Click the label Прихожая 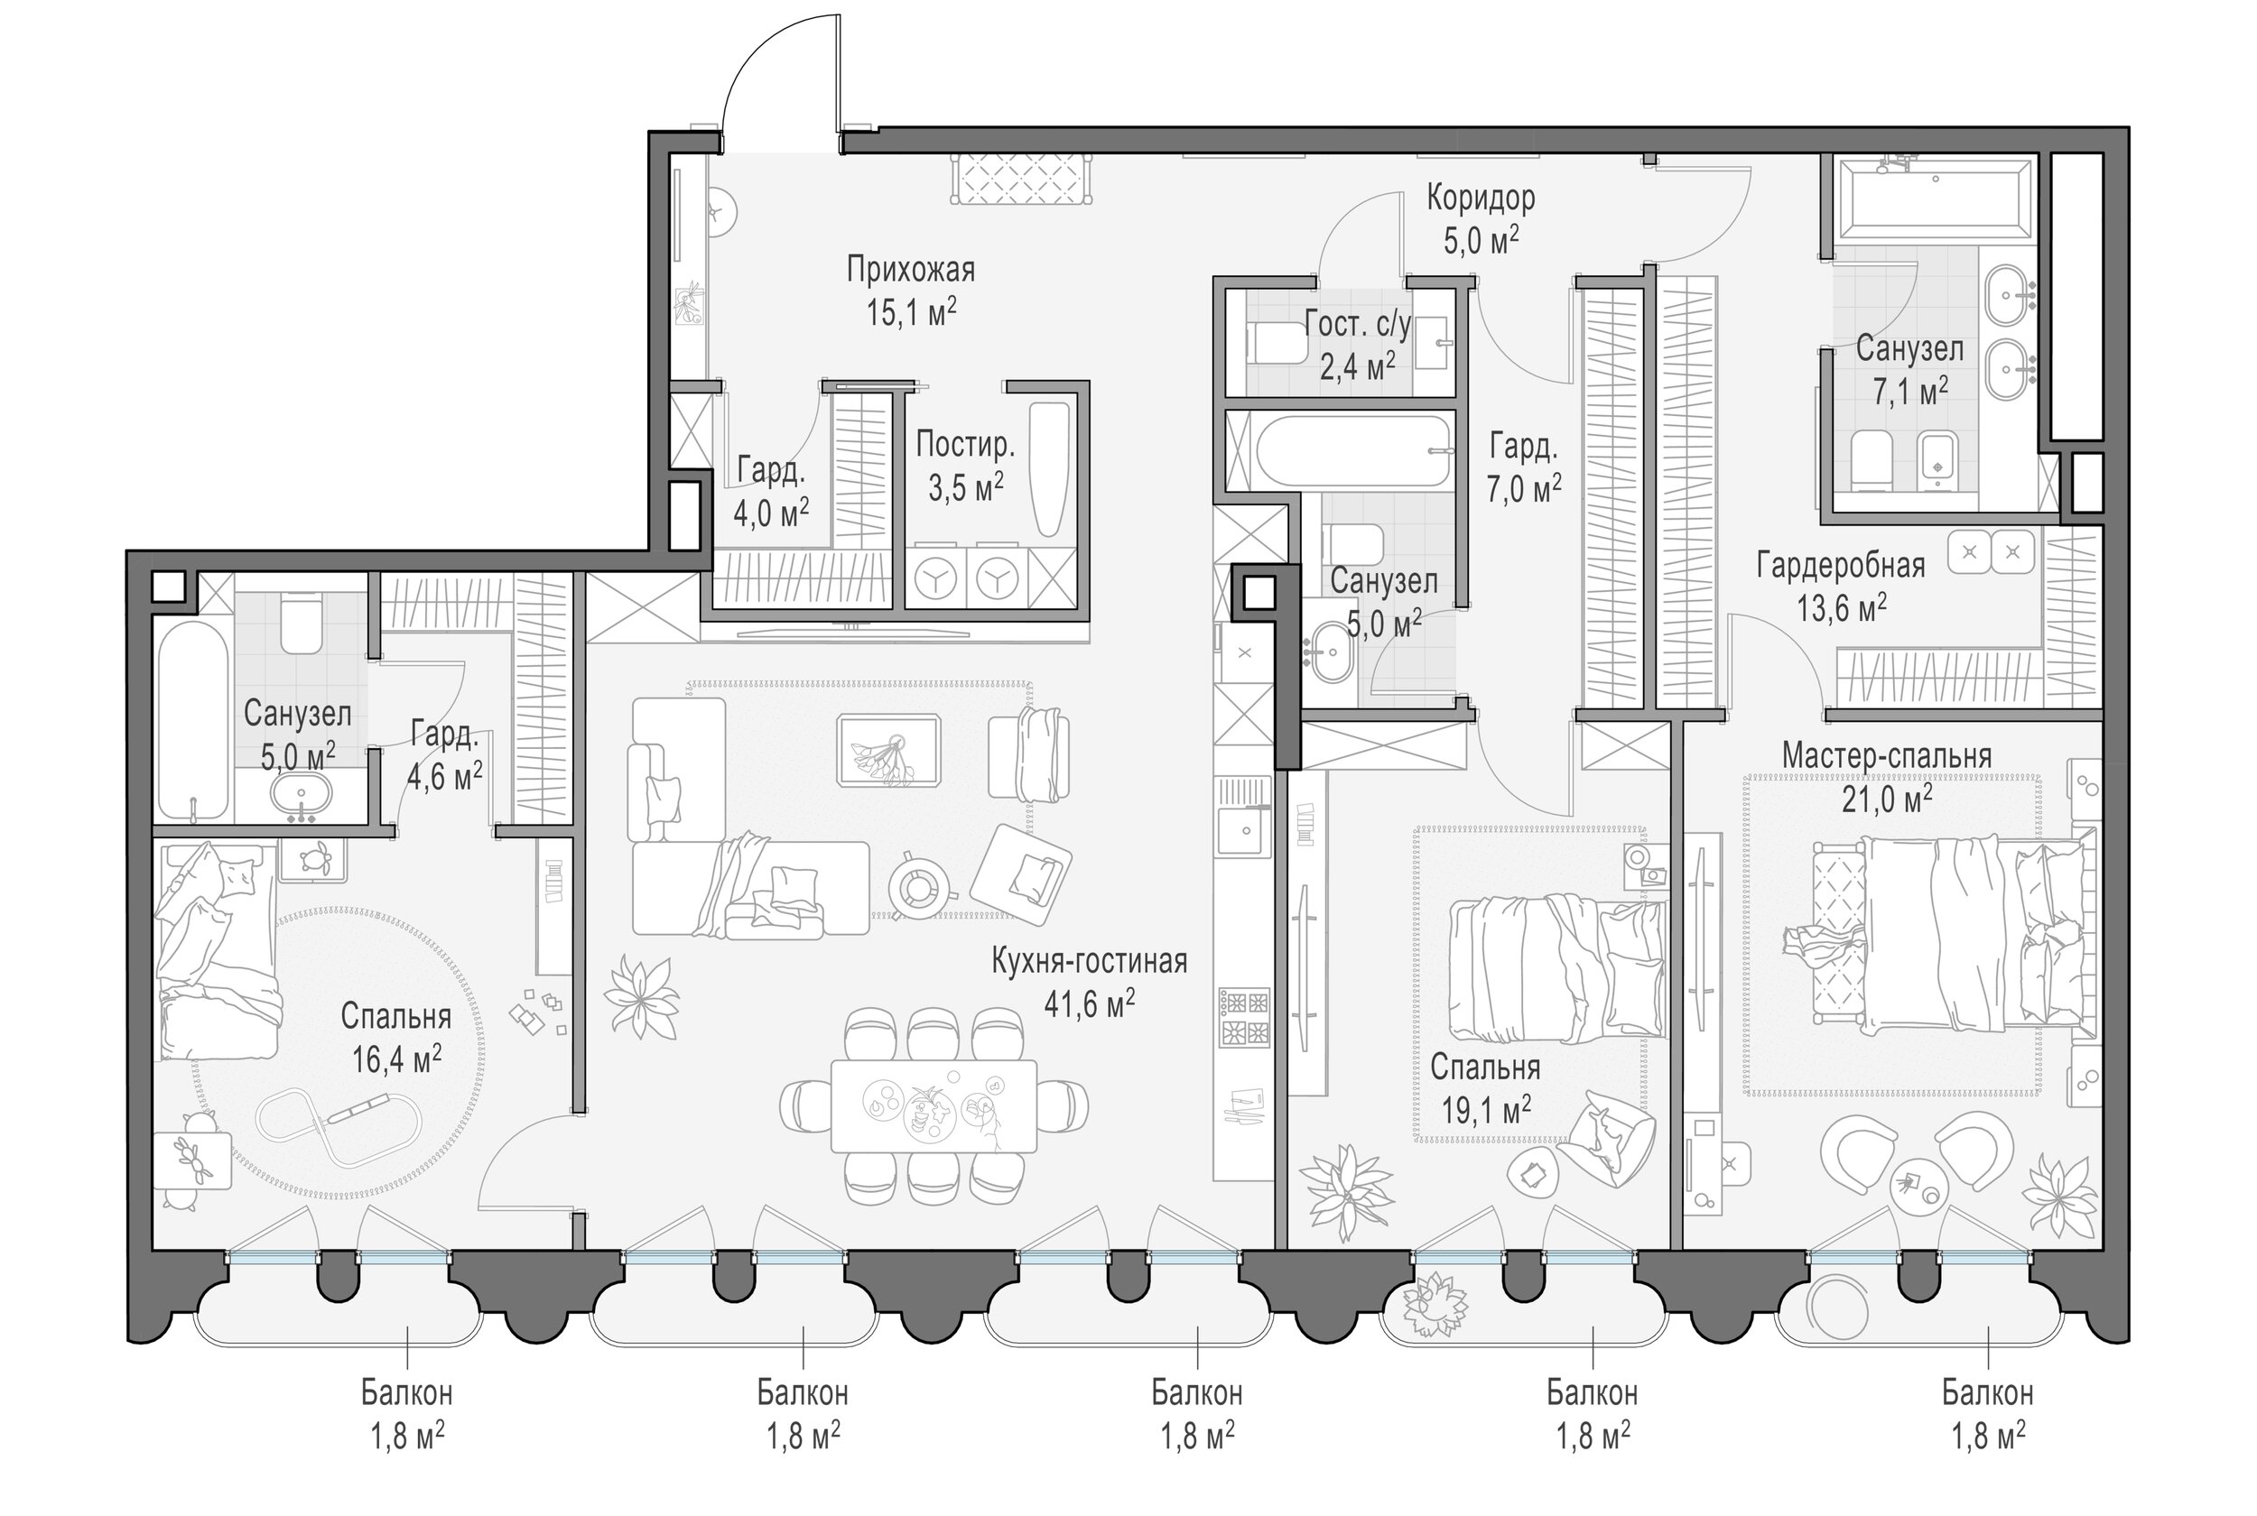911,270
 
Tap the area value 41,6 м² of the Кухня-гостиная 1089,1003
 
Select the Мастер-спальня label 1887,755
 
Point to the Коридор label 1481,199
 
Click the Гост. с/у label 1358,324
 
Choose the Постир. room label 965,446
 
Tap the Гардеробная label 1840,566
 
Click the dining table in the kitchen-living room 934,1105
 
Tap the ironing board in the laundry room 1049,470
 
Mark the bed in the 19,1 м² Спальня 1557,969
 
